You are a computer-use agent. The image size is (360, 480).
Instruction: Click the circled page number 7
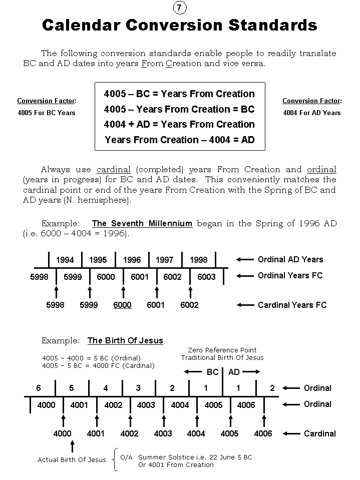pos(179,8)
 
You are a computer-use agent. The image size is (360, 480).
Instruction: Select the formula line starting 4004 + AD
pos(179,124)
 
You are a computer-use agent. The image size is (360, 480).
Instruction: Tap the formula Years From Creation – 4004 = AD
pos(180,140)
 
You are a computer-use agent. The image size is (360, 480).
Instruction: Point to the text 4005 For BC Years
pos(46,113)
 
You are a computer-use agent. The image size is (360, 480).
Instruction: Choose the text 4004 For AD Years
pos(311,113)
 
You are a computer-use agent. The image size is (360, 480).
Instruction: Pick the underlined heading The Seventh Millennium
pos(142,224)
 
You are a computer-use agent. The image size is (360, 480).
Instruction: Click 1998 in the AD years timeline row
pos(198,260)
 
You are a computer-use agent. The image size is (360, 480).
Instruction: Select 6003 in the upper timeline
pos(206,277)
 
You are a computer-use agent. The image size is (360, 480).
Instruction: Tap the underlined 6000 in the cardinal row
pos(123,305)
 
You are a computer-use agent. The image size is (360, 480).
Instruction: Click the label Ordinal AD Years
pos(290,259)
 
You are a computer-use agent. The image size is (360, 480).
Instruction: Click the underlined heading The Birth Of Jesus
pos(125,340)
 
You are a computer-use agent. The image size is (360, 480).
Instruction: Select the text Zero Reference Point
pos(222,350)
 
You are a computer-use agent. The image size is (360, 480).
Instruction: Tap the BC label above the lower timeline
pos(213,372)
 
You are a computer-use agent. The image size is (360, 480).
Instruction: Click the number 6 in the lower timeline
pos(39,388)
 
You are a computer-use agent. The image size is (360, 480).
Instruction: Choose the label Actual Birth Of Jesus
pos(72,459)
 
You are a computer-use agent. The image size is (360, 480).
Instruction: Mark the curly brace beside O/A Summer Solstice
pos(116,459)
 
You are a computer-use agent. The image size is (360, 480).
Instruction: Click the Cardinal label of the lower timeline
pos(320,433)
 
